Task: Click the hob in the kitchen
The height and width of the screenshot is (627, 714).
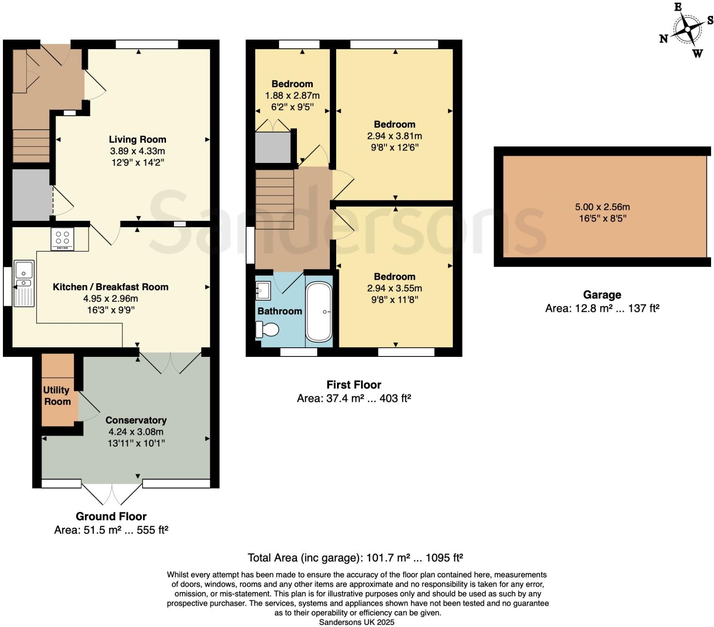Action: click(x=62, y=238)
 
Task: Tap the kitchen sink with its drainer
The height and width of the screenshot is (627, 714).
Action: click(x=24, y=283)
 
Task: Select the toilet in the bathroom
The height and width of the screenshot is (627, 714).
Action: click(x=267, y=330)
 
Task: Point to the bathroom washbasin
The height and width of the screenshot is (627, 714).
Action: click(x=263, y=291)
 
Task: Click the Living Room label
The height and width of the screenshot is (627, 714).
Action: click(x=138, y=140)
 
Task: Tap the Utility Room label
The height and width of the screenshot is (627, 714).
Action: click(x=57, y=396)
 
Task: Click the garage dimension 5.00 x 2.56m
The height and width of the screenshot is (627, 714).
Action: click(x=602, y=207)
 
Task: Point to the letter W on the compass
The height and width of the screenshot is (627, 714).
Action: click(x=697, y=53)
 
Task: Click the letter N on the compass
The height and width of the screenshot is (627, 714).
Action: click(x=663, y=39)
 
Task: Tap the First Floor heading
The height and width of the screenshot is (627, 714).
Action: click(x=354, y=385)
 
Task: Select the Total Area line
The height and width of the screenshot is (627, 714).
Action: click(x=355, y=558)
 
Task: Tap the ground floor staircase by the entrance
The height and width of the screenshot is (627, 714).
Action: click(x=31, y=145)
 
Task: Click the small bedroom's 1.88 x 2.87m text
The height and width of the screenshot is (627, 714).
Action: click(x=292, y=95)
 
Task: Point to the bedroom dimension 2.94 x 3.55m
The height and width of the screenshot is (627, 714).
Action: click(x=395, y=288)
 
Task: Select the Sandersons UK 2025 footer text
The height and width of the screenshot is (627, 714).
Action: click(x=357, y=622)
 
